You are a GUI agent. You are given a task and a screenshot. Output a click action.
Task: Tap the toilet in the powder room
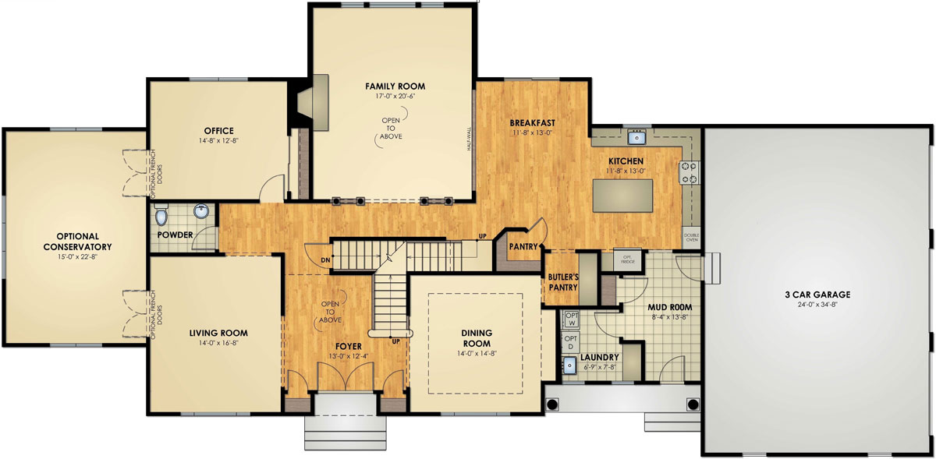pyautogui.click(x=161, y=214)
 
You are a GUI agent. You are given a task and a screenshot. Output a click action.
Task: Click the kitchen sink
pyautogui.click(x=638, y=138)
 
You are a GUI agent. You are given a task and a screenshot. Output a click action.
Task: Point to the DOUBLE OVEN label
pyautogui.click(x=692, y=237)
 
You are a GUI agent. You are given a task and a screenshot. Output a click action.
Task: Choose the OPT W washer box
pyautogui.click(x=570, y=319)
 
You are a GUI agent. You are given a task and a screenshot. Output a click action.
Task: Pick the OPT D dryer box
pyautogui.click(x=570, y=343)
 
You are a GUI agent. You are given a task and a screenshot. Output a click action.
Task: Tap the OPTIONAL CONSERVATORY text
pyautogui.click(x=73, y=242)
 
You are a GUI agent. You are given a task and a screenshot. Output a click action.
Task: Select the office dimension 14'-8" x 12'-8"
pyautogui.click(x=219, y=142)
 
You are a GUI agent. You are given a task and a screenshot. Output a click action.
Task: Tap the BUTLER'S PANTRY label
pyautogui.click(x=562, y=282)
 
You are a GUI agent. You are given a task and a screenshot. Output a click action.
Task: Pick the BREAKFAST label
pyautogui.click(x=532, y=123)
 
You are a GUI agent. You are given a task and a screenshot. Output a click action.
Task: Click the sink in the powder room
pyautogui.click(x=200, y=211)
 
